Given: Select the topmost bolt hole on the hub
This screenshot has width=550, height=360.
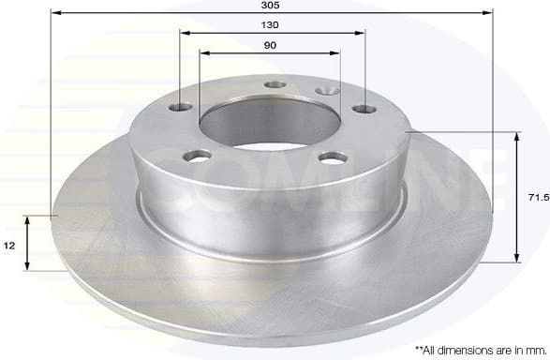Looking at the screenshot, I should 275,84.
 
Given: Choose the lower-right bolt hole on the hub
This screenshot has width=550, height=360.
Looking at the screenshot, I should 330,157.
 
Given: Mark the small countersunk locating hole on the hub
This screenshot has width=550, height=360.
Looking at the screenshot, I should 327,91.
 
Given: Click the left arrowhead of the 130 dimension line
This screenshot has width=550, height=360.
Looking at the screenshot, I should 183,33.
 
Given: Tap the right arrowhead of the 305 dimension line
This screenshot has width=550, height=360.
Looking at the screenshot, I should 488,14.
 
